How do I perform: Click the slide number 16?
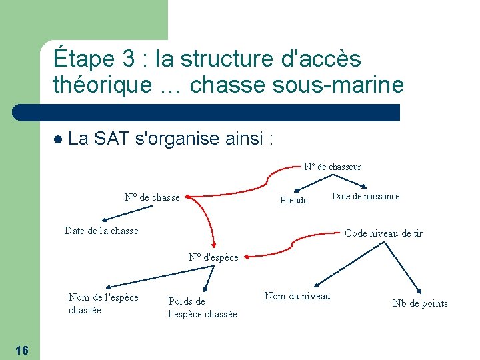click(20, 351)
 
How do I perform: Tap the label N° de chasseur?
click(332, 167)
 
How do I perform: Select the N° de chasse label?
click(152, 197)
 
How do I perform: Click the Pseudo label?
click(294, 200)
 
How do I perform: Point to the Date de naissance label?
click(365, 196)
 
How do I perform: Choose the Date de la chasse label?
click(101, 231)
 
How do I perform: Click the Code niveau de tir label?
click(383, 233)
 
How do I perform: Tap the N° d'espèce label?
click(213, 257)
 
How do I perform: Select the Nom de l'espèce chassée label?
click(103, 303)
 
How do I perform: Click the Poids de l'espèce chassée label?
click(202, 308)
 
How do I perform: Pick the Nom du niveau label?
click(297, 296)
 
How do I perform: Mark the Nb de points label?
click(420, 304)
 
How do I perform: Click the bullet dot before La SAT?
click(58, 140)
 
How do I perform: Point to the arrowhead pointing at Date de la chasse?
click(104, 220)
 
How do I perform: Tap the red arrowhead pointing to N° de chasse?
click(187, 197)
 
